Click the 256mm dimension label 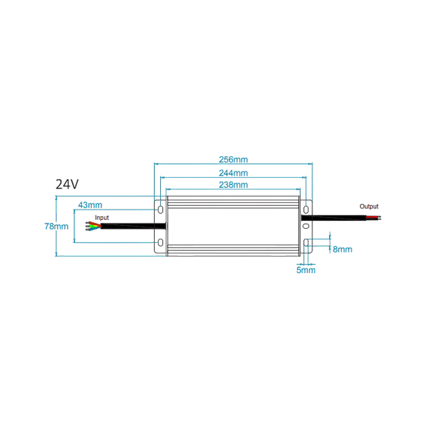pyautogui.click(x=233, y=160)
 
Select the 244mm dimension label pyautogui.click(x=233, y=173)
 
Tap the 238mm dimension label pyautogui.click(x=233, y=185)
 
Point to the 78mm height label pyautogui.click(x=56, y=226)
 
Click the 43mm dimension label pyautogui.click(x=90, y=205)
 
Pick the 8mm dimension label pyautogui.click(x=342, y=249)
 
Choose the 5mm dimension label pyautogui.click(x=306, y=270)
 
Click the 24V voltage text pyautogui.click(x=67, y=184)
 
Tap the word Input pyautogui.click(x=102, y=218)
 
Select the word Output pyautogui.click(x=369, y=206)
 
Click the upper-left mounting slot pyautogui.click(x=161, y=210)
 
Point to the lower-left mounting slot pyautogui.click(x=161, y=243)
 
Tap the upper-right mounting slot pyautogui.click(x=306, y=210)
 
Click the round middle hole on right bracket pyautogui.click(x=306, y=226)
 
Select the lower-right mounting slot pyautogui.click(x=306, y=243)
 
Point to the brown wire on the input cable pyautogui.click(x=94, y=224)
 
